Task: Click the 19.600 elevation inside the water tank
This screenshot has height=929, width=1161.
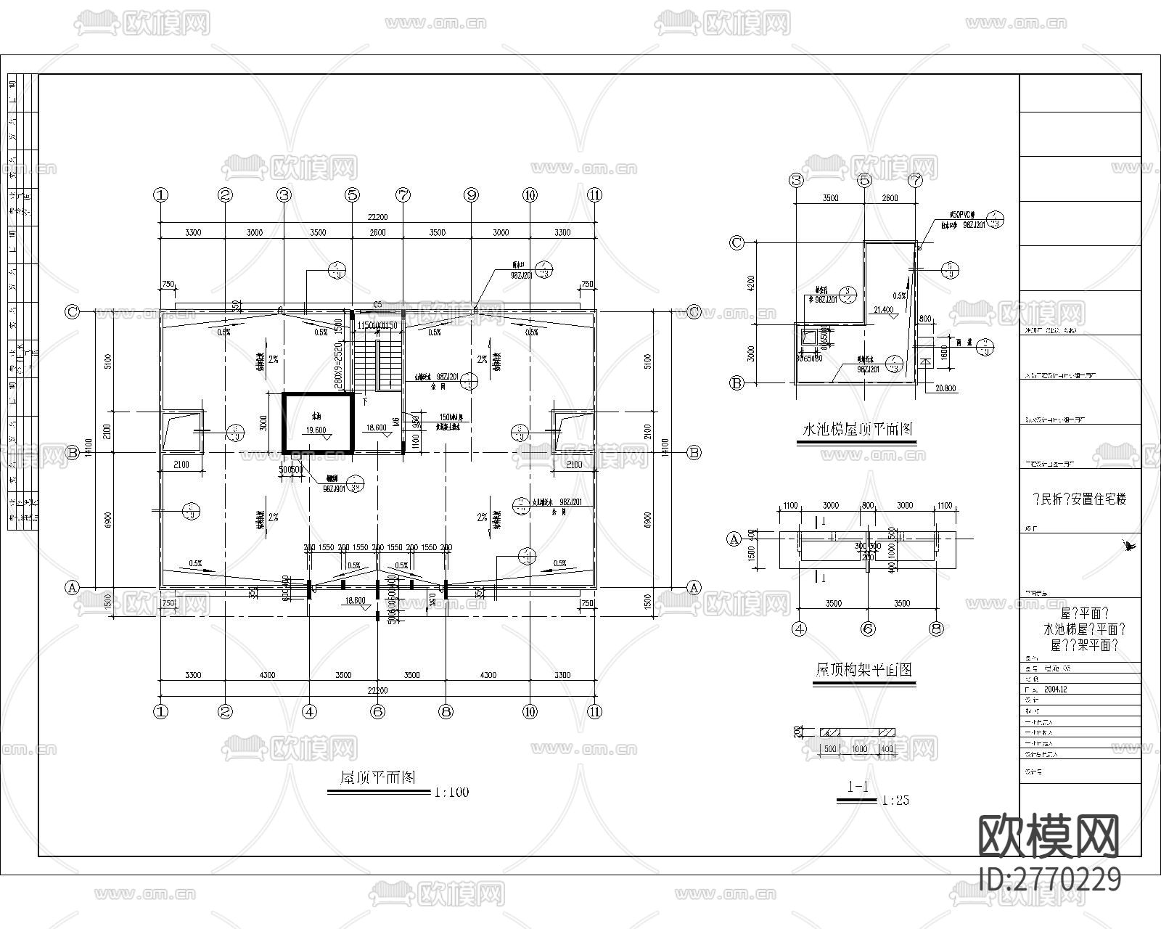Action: coord(316,430)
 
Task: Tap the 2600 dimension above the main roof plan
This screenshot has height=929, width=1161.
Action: coord(377,233)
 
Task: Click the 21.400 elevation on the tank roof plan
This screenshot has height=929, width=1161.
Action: coord(884,310)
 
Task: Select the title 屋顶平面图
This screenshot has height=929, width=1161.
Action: coord(378,777)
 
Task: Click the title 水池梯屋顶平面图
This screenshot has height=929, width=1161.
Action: coord(856,429)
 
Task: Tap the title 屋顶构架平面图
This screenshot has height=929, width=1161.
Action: coord(863,670)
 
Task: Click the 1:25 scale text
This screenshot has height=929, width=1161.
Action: coord(894,801)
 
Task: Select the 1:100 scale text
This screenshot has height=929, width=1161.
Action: coord(451,792)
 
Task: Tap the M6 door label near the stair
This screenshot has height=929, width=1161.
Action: coord(396,422)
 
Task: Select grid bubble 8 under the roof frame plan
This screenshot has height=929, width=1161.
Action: coord(935,629)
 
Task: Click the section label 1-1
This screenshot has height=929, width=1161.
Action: coord(858,786)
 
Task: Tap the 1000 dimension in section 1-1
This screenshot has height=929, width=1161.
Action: coord(859,749)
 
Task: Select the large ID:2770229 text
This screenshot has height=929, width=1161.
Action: coord(1050,879)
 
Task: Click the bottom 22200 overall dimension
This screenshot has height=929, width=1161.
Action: coord(377,690)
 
